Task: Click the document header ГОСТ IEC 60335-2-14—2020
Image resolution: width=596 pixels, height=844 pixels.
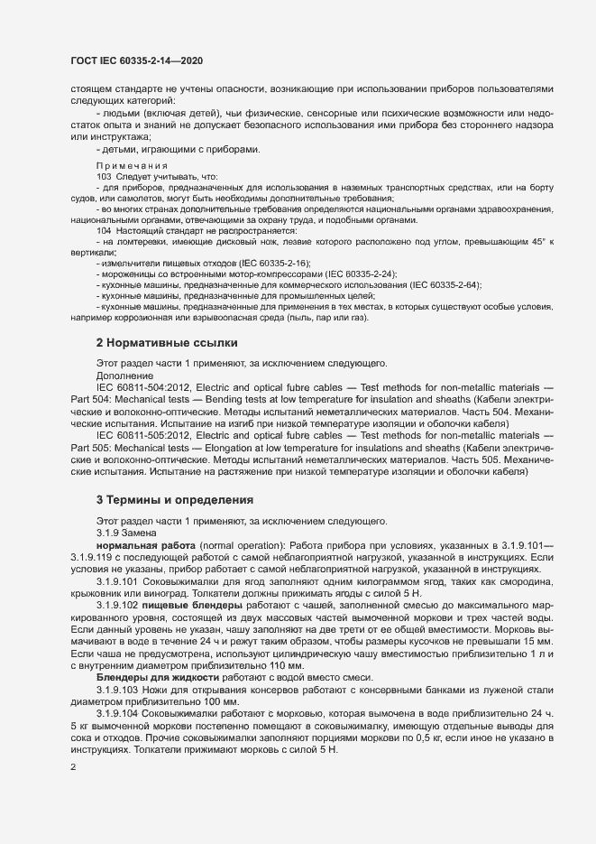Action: [x=136, y=60]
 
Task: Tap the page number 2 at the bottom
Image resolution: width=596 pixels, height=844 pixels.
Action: [x=74, y=767]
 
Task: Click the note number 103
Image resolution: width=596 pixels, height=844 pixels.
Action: [x=104, y=176]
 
